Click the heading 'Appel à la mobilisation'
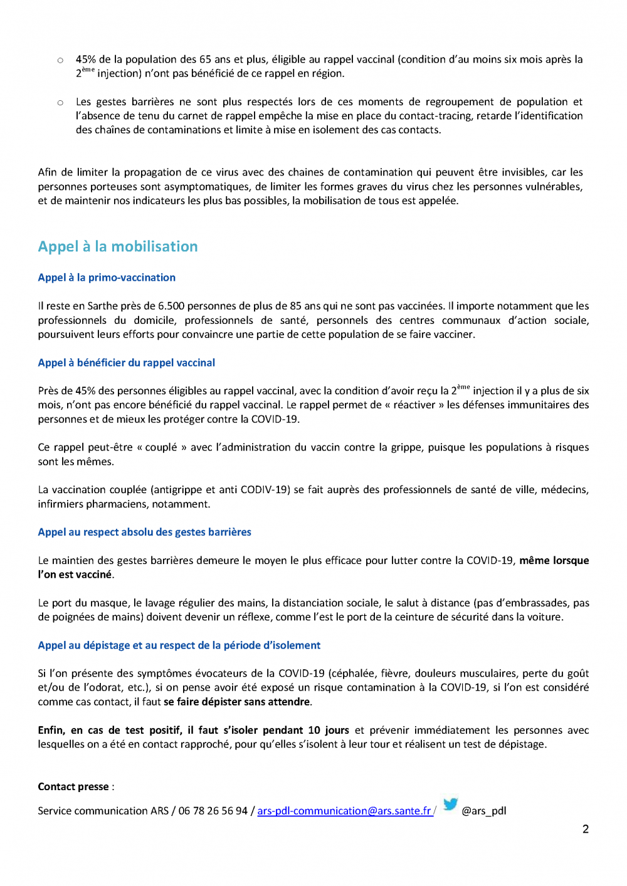pos(118,247)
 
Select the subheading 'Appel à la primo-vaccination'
pos(107,278)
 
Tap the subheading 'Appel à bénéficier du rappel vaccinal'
pos(126,363)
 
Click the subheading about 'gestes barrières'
pos(144,532)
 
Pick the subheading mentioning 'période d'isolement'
pos(179,645)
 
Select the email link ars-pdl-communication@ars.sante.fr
pos(344,811)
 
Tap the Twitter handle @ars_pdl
pos(483,811)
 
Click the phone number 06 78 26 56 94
pos(213,811)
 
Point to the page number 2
pos(586,829)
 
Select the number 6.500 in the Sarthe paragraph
pos(171,306)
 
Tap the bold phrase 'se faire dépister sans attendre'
pos(237,702)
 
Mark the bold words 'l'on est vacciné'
pos(75,575)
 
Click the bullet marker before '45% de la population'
pos(60,60)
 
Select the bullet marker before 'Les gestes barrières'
pos(60,103)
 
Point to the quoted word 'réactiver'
pos(414,405)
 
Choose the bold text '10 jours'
pos(328,731)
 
